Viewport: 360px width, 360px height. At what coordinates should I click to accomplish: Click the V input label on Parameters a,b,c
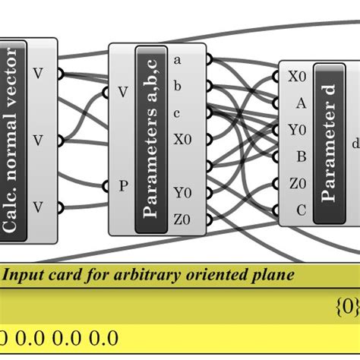122,93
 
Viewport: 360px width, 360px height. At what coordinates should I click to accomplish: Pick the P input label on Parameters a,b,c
122,186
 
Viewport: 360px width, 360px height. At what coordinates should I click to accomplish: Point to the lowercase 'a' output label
178,59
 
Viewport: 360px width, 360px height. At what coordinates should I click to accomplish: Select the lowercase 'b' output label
178,86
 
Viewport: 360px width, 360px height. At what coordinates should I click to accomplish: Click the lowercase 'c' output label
178,113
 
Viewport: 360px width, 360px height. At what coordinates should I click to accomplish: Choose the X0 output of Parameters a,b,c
182,140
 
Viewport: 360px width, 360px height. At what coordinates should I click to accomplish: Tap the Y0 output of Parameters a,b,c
182,192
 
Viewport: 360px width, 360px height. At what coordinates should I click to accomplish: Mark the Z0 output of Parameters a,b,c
182,219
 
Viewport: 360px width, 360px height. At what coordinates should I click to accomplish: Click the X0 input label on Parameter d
297,77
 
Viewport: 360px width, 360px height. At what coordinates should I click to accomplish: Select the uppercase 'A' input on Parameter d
301,103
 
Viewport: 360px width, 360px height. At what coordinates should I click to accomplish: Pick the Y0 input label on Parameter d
297,130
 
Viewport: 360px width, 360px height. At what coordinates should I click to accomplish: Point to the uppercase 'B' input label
301,157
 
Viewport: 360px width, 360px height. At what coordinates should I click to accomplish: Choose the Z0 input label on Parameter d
297,184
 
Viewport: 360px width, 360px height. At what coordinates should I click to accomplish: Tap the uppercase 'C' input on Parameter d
301,210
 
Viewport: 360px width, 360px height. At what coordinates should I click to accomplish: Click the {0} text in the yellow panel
346,307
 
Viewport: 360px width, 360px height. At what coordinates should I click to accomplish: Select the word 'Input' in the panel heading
24,276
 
